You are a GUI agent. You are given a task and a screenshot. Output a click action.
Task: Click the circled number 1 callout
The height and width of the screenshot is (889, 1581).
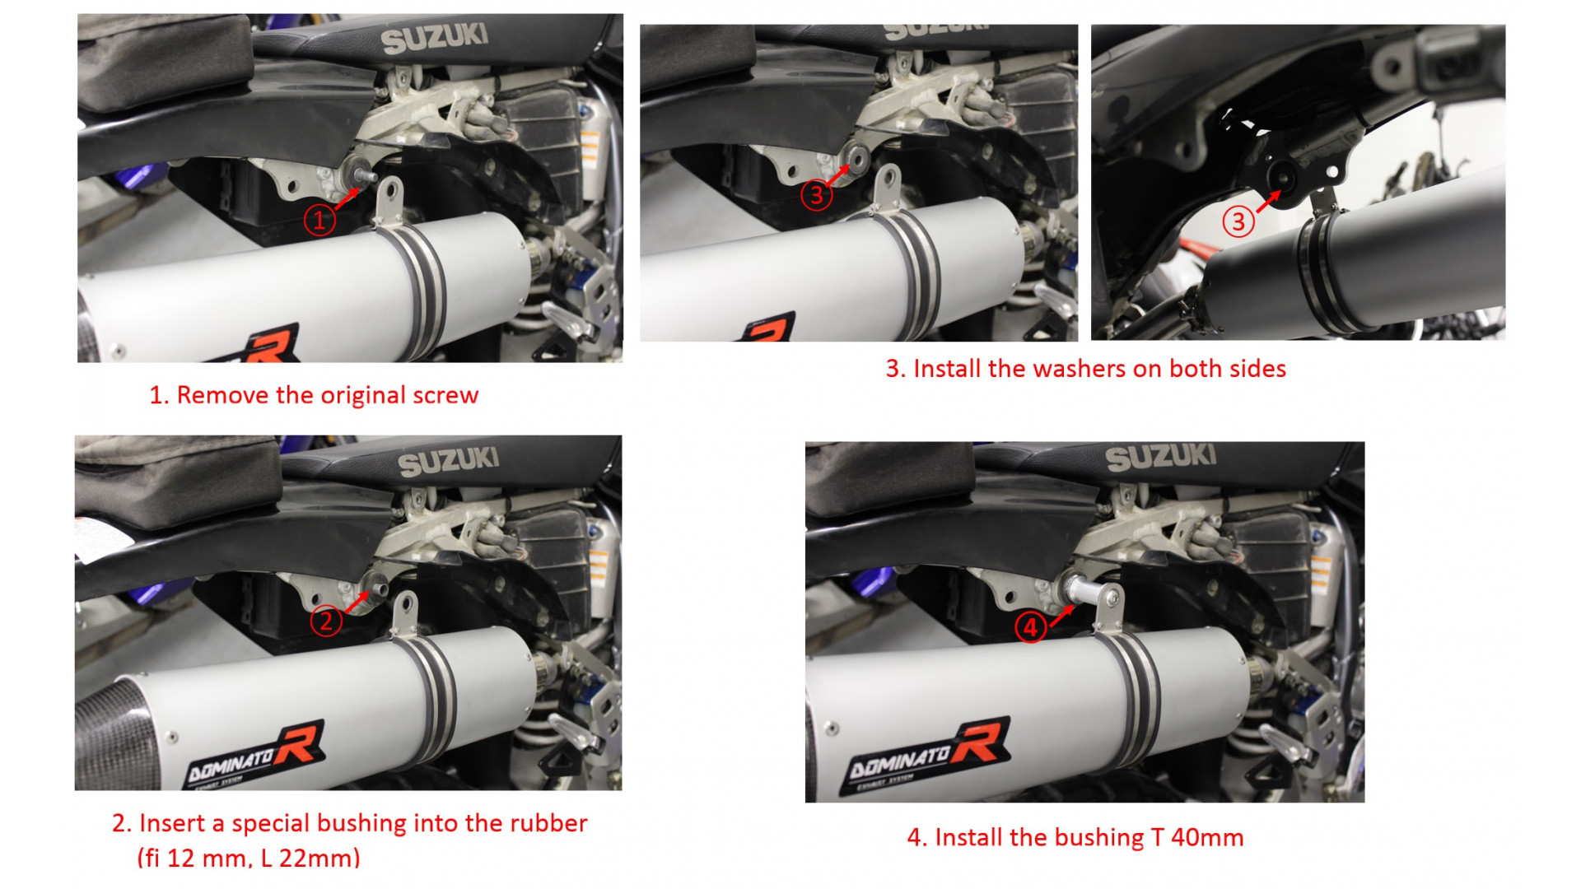(319, 220)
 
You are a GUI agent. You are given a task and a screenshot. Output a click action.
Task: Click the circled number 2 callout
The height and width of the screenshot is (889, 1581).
(326, 620)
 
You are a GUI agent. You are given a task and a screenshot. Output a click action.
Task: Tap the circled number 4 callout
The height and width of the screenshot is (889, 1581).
(1030, 627)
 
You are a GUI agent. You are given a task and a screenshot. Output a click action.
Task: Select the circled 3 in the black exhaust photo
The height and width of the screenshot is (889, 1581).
(1238, 221)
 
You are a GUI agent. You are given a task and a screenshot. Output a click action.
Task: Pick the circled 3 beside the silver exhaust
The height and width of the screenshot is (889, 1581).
(816, 195)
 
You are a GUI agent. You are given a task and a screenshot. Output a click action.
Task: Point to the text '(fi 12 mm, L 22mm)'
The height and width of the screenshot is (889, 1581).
(249, 859)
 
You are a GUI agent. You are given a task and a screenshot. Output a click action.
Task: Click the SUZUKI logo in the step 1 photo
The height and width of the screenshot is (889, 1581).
(435, 38)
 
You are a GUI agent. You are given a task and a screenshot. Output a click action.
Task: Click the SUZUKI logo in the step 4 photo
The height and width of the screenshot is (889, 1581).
(1161, 457)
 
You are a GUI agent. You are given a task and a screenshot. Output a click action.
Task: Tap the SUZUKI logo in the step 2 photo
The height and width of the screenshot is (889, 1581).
(449, 462)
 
